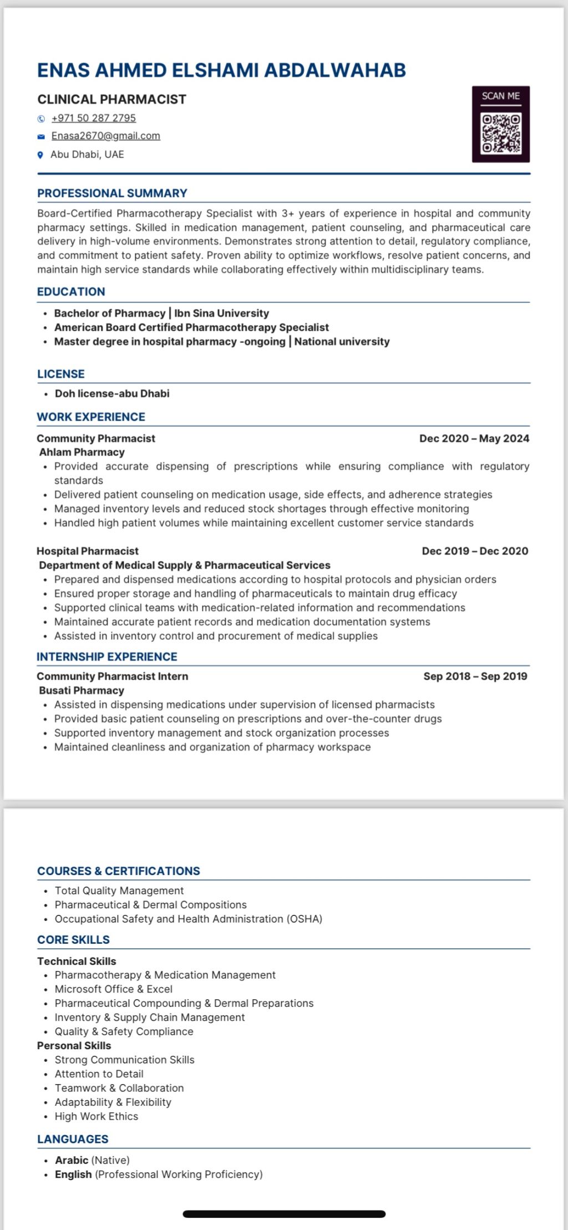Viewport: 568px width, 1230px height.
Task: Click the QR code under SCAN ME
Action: [x=501, y=133]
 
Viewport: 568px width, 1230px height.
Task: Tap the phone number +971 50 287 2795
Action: [x=93, y=118]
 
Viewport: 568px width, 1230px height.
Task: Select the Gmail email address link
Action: [x=105, y=136]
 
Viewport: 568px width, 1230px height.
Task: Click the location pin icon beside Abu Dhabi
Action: [x=40, y=155]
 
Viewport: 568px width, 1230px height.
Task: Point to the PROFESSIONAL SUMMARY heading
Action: [x=112, y=193]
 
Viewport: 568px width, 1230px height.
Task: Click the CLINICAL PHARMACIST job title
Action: [x=111, y=99]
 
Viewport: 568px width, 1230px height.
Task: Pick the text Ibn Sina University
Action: [x=221, y=313]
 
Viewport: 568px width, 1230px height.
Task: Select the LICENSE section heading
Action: [x=61, y=374]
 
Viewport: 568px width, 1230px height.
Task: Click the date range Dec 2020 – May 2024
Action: [x=474, y=438]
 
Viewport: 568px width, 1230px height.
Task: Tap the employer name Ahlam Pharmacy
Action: [x=82, y=452]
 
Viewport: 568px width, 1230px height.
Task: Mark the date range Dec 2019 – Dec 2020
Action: [x=475, y=551]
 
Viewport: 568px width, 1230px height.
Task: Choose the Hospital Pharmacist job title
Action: [x=88, y=551]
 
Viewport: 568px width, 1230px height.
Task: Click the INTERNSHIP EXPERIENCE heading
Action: [x=107, y=656]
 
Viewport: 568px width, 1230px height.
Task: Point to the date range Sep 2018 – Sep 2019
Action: [x=475, y=676]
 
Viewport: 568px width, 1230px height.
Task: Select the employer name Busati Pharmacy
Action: [x=82, y=690]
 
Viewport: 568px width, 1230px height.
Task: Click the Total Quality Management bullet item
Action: [x=119, y=890]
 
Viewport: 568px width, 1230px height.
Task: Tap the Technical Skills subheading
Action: [x=77, y=961]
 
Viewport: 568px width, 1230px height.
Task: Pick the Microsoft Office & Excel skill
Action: [x=113, y=989]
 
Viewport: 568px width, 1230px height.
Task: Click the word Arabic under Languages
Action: [x=72, y=1160]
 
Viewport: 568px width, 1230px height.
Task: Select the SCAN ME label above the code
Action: [x=501, y=96]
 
